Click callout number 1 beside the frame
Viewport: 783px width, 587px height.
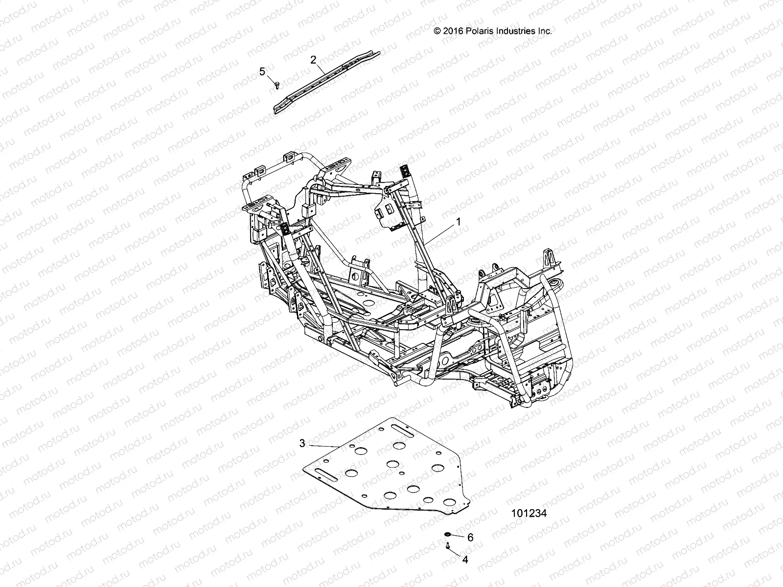point(459,222)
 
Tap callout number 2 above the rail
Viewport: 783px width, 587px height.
point(313,60)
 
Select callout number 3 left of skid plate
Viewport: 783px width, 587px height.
point(302,443)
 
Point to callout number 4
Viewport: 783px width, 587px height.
point(465,560)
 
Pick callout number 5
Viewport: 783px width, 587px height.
point(262,72)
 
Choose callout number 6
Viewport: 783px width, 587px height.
point(470,538)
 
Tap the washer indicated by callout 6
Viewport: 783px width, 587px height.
point(448,534)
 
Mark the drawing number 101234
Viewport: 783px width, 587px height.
point(528,514)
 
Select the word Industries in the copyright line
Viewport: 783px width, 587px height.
point(517,31)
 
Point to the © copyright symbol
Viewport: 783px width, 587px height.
point(438,31)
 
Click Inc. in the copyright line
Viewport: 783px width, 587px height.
point(545,31)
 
